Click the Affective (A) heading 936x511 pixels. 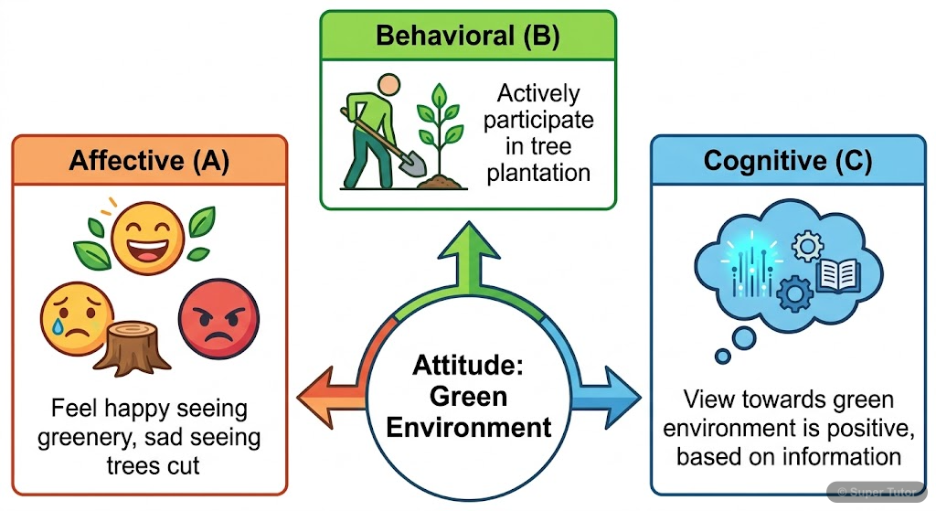tap(149, 161)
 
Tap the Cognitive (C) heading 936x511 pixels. tap(787, 162)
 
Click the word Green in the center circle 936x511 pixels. tap(468, 396)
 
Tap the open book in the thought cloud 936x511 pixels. tap(837, 273)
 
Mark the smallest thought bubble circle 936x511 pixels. tap(723, 356)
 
